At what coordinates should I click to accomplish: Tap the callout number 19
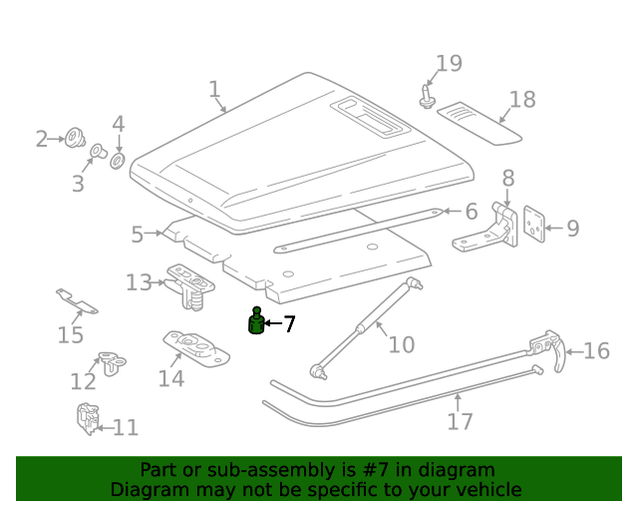pyautogui.click(x=449, y=64)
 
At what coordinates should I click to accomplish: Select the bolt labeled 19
pyautogui.click(x=428, y=97)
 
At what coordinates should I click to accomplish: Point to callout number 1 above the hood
pyautogui.click(x=214, y=90)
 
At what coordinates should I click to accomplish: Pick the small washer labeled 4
pyautogui.click(x=118, y=160)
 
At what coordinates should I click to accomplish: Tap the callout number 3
pyautogui.click(x=78, y=184)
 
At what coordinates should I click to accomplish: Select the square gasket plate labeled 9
pyautogui.click(x=535, y=226)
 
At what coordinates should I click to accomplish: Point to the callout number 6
pyautogui.click(x=471, y=212)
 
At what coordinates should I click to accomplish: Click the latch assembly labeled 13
pyautogui.click(x=190, y=282)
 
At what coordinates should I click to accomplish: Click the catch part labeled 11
pyautogui.click(x=87, y=417)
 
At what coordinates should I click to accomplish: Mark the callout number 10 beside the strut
pyautogui.click(x=401, y=345)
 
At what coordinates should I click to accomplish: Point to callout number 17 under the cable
pyautogui.click(x=460, y=421)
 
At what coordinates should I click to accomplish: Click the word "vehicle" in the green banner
pyautogui.click(x=488, y=489)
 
